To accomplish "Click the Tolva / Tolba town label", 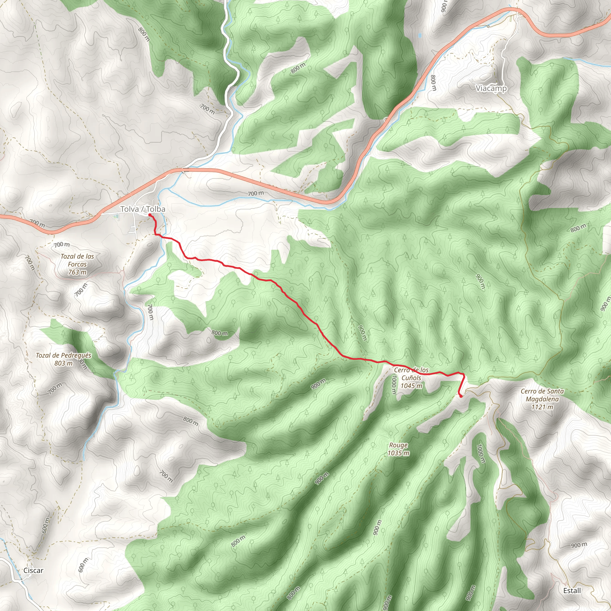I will (x=143, y=209).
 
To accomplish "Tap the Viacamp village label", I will (x=491, y=88).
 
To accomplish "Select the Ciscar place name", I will (x=33, y=570).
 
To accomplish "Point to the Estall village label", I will (x=572, y=590).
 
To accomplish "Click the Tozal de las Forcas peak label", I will (x=78, y=260).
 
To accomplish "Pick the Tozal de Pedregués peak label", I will (x=64, y=355).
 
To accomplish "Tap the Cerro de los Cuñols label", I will (x=411, y=374).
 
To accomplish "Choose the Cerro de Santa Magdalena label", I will (x=542, y=395).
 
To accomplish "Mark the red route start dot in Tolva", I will (x=149, y=215).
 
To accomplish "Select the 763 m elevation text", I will (x=78, y=272).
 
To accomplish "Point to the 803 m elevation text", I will (x=64, y=363).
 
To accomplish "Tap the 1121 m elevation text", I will (x=542, y=407).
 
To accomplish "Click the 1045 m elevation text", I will (x=411, y=386).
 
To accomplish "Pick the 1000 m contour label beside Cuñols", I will (x=394, y=385).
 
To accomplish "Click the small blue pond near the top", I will (x=420, y=36).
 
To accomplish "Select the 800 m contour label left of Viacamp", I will (x=433, y=83).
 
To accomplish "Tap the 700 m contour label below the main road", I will (x=256, y=193).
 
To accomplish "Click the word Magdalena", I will (x=542, y=399).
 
